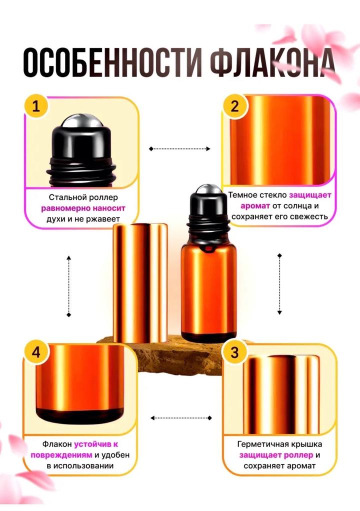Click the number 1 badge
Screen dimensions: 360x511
click(36, 106)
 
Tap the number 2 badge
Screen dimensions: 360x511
click(234, 106)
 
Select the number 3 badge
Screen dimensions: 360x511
click(234, 353)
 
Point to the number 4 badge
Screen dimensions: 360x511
click(36, 352)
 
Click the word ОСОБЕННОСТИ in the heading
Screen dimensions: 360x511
click(112, 63)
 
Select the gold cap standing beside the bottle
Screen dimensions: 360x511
click(140, 282)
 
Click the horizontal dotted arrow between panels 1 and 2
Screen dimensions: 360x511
click(179, 149)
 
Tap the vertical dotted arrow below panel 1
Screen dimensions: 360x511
click(68, 286)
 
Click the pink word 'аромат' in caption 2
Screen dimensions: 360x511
click(255, 206)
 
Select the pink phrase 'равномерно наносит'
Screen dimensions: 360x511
click(83, 208)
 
